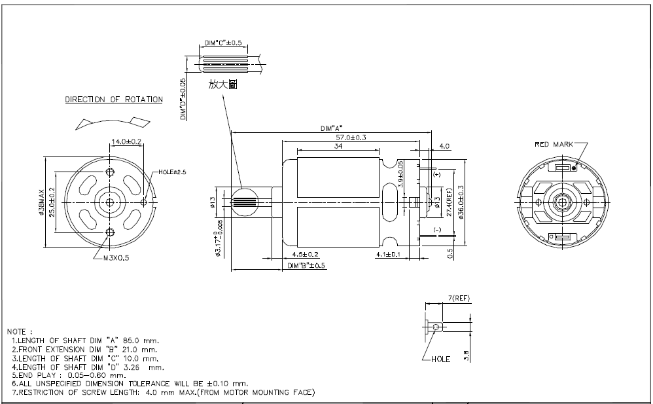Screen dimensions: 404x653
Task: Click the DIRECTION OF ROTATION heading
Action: [x=114, y=100]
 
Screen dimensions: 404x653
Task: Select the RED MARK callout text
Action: [x=554, y=144]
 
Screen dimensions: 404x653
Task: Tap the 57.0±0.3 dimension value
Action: [x=351, y=138]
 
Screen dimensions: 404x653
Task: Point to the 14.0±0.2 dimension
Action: [x=126, y=141]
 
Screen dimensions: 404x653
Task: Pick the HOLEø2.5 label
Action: [x=173, y=172]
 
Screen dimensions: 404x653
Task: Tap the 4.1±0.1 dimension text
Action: [x=388, y=254]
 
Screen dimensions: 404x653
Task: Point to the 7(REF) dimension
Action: [x=459, y=299]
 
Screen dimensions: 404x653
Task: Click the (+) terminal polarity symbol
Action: [x=436, y=175]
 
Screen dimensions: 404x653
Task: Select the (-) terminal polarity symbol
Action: [x=436, y=229]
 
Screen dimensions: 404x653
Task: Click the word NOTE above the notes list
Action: [x=20, y=332]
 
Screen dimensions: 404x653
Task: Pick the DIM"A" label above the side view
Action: [x=332, y=128]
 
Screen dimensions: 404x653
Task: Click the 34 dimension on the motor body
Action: [x=339, y=147]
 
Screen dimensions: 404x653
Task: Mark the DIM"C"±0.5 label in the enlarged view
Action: [x=223, y=43]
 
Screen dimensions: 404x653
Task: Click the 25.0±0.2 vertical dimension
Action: [x=52, y=202]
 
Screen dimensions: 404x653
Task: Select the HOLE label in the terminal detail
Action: [x=440, y=359]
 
